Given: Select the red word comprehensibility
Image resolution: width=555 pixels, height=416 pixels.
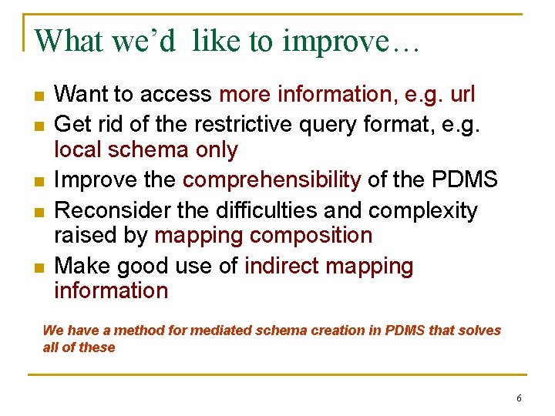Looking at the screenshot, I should pyautogui.click(x=271, y=181).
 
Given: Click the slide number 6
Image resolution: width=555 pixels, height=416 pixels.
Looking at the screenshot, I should pyautogui.click(x=519, y=398).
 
